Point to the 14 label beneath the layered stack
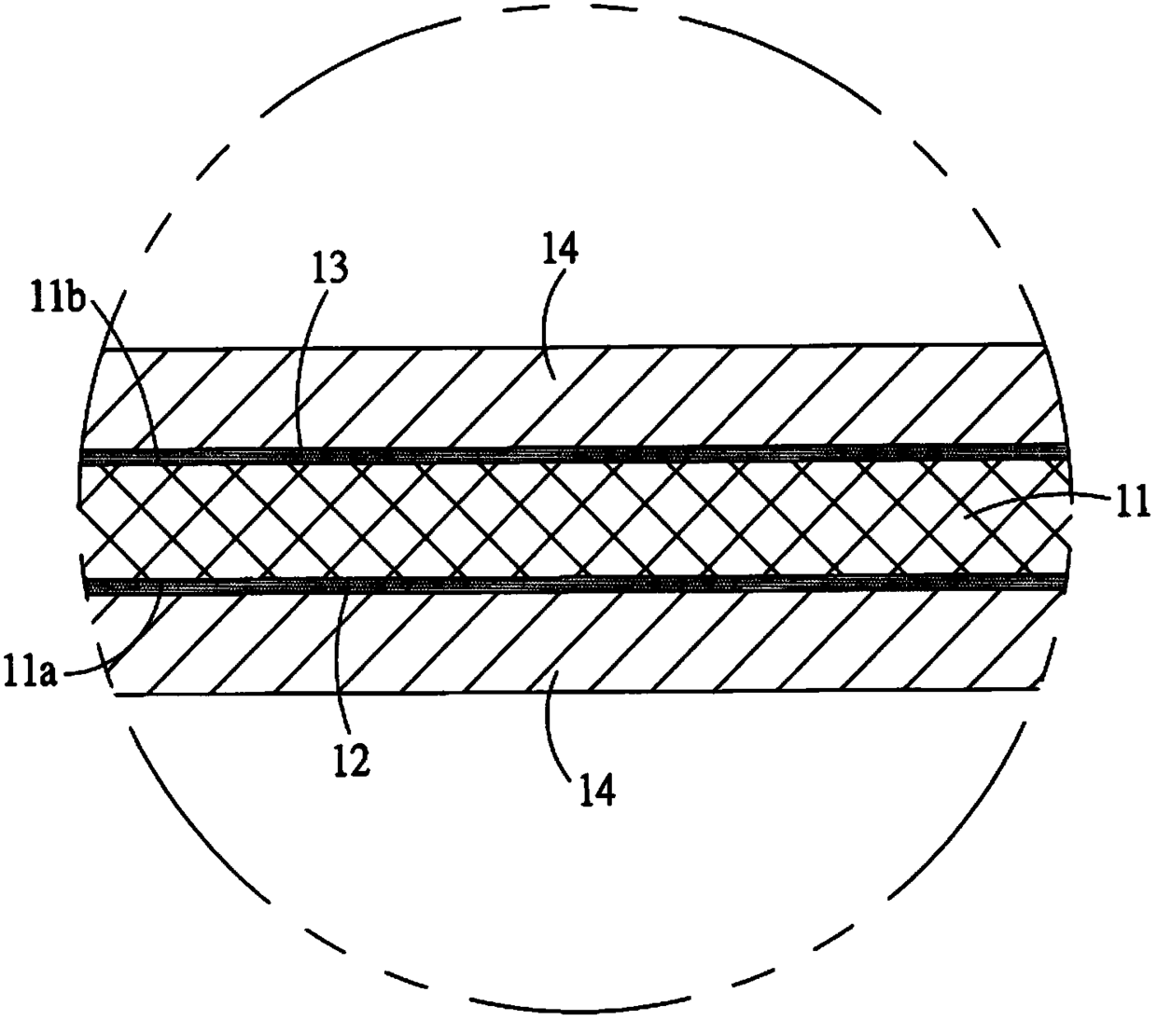click(594, 791)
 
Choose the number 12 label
click(354, 760)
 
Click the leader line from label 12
click(340, 662)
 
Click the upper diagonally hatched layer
click(560, 401)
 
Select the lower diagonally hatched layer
click(560, 643)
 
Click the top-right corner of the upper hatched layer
click(1042, 346)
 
